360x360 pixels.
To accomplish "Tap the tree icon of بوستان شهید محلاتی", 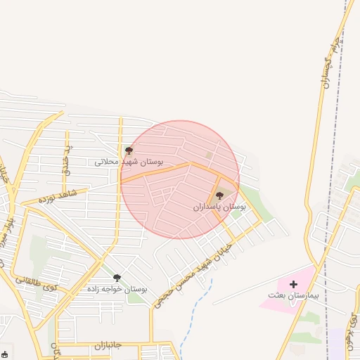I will click(x=129, y=150).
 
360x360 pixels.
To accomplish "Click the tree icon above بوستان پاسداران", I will click(x=219, y=196).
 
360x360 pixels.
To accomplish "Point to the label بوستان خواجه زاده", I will click(x=117, y=289).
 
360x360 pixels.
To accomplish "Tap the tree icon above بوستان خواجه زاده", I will click(x=117, y=278).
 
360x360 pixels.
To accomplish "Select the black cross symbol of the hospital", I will click(x=293, y=285).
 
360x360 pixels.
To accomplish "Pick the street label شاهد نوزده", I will click(x=57, y=195).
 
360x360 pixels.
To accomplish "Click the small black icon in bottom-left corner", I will click(x=5, y=354).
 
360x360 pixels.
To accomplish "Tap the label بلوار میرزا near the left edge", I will click(x=8, y=232).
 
